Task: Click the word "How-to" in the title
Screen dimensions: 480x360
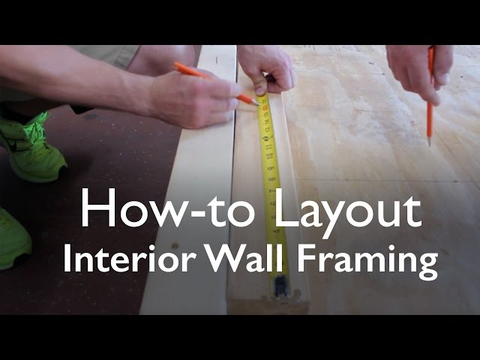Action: coord(166,208)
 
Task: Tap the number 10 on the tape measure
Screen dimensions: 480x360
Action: coord(269,155)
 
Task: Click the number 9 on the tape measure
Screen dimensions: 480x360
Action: coord(271,168)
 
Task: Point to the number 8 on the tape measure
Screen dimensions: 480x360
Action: coord(271,178)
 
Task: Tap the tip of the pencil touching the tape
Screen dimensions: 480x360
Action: coord(259,105)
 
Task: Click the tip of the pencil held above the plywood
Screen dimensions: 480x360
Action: coord(429,145)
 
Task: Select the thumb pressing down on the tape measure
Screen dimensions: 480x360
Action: coord(260,85)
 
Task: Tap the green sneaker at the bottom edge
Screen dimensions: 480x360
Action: coord(13,238)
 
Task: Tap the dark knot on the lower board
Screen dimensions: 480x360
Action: coord(175,245)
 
